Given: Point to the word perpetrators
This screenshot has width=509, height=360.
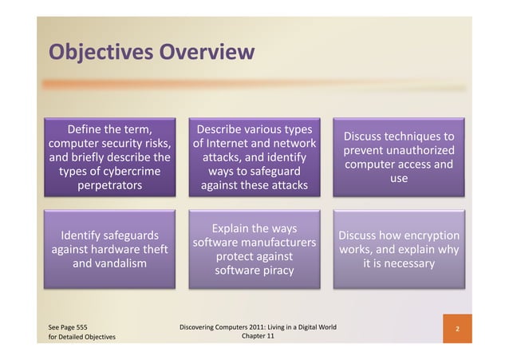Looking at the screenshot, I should [110, 187].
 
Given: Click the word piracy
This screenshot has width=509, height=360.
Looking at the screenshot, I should [275, 271].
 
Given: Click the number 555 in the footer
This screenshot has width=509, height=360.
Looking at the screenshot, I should [78, 326].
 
